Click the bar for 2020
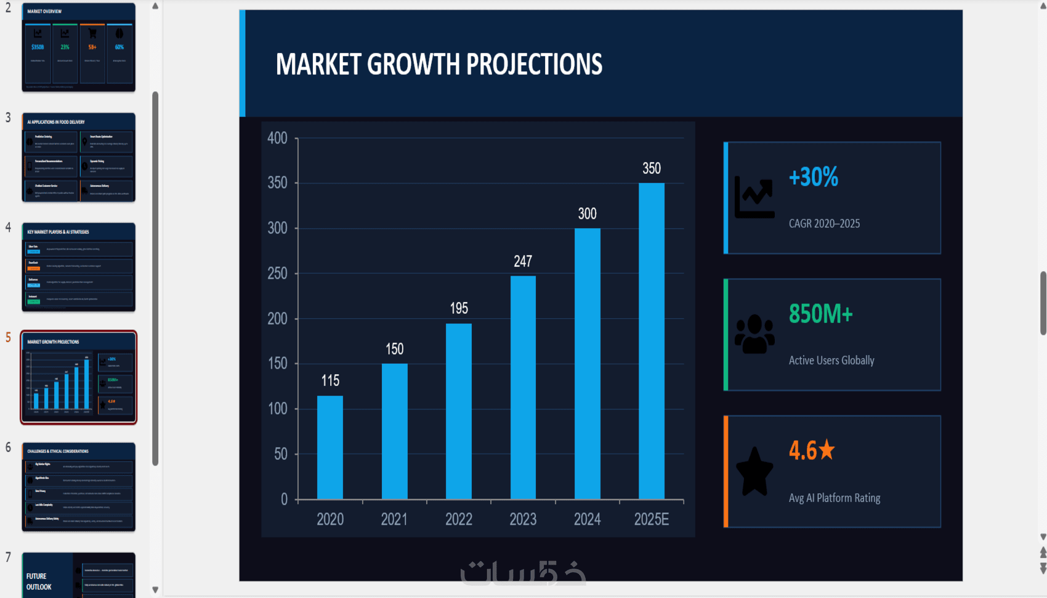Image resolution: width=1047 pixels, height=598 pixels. point(330,447)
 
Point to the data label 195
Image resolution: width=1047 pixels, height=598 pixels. point(459,308)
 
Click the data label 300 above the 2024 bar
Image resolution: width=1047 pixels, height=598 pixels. point(587,214)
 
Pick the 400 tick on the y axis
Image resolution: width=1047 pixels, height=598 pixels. point(277,138)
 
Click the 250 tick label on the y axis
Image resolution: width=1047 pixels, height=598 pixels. point(277,273)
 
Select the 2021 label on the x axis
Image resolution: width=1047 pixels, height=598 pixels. point(394,519)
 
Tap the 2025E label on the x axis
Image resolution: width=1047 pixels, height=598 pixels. point(652,519)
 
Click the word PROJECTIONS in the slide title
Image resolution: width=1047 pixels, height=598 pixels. point(534,65)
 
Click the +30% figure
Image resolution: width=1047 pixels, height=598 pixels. point(813,178)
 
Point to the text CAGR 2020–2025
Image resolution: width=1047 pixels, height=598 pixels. point(824,224)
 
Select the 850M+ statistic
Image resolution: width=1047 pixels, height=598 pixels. point(820,314)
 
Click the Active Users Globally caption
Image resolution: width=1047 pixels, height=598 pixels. point(831,361)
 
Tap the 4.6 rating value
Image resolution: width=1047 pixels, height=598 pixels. point(803,451)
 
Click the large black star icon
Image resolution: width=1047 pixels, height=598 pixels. point(754,472)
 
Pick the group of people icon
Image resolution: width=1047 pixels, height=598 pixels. point(754,335)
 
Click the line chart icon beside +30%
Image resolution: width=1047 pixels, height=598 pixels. point(754,197)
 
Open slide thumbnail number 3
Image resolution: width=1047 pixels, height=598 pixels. point(79,157)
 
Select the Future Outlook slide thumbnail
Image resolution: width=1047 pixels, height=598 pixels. point(79,575)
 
